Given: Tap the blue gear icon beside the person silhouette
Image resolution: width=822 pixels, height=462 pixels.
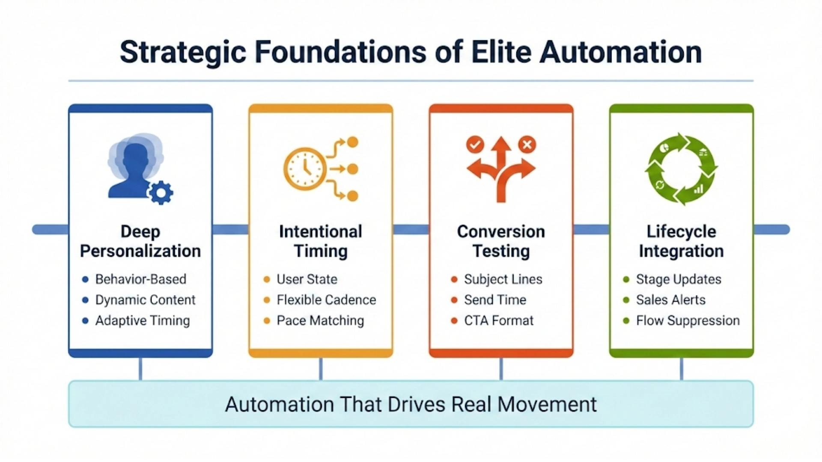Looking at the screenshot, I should point(161,192).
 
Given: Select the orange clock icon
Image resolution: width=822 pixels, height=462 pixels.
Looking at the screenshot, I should point(305,169).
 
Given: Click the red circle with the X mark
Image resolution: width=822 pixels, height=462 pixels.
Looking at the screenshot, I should point(527,145).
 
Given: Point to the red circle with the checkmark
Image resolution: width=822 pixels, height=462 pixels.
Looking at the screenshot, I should point(475,145).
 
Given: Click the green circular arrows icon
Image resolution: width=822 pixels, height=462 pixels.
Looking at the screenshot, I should point(681,169).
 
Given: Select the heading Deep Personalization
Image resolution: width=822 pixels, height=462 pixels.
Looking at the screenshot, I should point(140,241).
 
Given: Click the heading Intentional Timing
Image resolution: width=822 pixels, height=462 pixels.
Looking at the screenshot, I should point(321,241).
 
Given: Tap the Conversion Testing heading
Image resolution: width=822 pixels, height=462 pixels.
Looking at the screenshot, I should point(501,241).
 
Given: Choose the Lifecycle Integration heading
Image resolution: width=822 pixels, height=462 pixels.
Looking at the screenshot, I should point(681,241).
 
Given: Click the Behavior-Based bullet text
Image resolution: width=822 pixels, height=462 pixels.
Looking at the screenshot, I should point(140,279).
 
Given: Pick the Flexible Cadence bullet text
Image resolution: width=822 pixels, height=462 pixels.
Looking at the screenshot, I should point(326,300).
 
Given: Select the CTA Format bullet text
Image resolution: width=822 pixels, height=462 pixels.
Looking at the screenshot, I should point(499,320).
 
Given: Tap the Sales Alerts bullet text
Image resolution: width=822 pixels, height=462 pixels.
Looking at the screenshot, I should point(670,300).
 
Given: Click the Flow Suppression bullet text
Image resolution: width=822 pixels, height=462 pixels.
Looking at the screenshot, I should point(688,320).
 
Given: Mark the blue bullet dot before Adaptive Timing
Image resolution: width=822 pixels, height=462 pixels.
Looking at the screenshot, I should point(85,320).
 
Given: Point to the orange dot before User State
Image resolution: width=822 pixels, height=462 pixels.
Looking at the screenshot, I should point(267,279).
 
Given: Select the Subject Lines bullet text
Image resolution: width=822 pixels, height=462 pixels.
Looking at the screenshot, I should point(503,279).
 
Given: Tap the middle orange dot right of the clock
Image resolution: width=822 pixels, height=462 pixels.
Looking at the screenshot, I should point(352,169).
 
